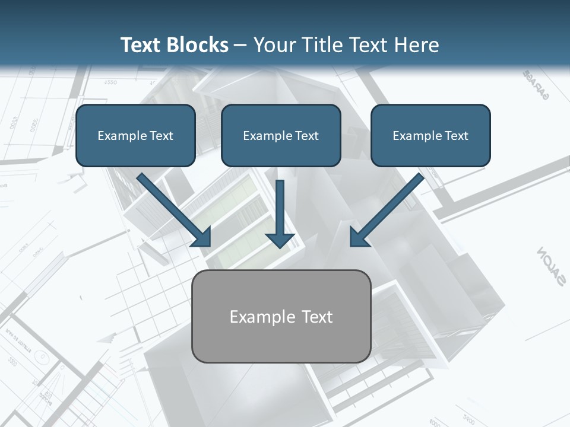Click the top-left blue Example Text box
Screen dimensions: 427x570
[135, 135]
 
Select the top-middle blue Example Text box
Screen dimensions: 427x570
[281, 135]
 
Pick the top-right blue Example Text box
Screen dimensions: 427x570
[430, 135]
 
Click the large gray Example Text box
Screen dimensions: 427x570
[281, 316]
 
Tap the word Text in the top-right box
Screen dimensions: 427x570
[456, 136]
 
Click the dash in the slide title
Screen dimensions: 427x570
[240, 45]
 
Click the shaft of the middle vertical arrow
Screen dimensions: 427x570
[280, 205]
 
